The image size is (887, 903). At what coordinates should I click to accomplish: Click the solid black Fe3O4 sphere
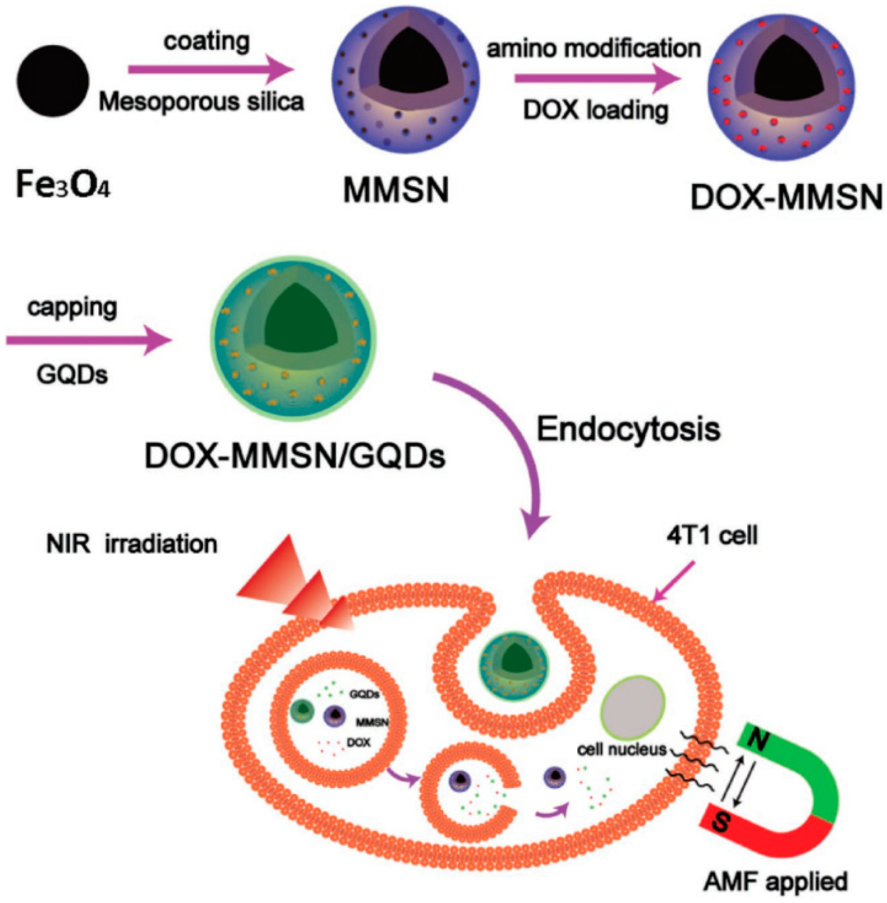[x=52, y=80]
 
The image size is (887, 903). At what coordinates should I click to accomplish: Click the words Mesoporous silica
[x=201, y=101]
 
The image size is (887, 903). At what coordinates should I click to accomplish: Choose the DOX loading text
[x=596, y=110]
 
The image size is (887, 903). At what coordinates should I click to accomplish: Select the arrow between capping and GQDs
[x=88, y=341]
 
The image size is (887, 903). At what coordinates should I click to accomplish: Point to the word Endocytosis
[x=628, y=429]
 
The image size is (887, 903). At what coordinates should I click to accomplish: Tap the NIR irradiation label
[x=132, y=544]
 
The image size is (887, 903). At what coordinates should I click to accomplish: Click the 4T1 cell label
[x=712, y=536]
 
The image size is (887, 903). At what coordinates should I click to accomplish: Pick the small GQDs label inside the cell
[x=364, y=694]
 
